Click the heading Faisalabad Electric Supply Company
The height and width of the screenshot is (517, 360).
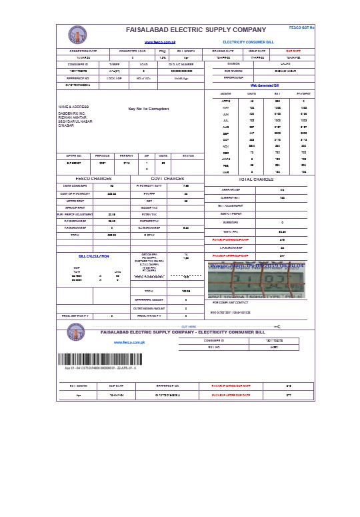pos(195,30)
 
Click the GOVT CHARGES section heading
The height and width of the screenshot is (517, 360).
pos(167,179)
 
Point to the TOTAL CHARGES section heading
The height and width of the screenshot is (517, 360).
pos(255,179)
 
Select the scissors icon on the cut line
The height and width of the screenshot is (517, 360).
pos(277,326)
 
